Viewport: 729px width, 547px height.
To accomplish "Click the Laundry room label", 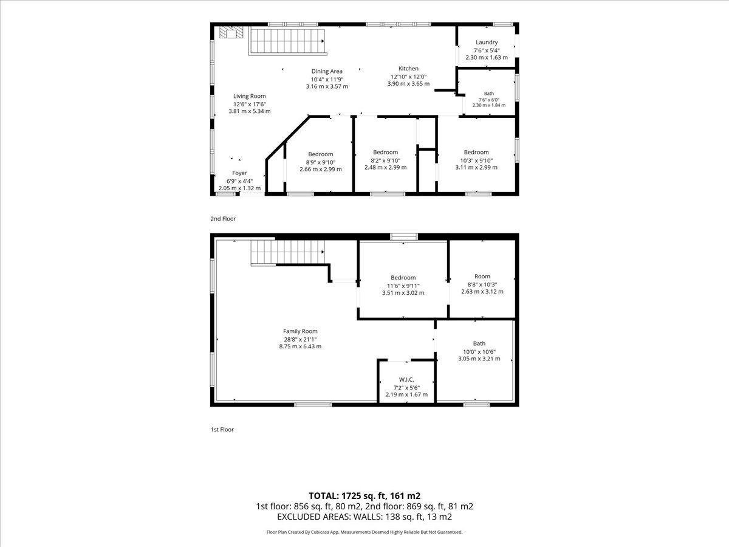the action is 487,43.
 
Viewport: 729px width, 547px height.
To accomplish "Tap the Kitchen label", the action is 408,69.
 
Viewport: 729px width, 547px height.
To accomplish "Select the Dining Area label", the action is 327,71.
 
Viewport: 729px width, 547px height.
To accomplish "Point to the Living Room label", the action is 250,96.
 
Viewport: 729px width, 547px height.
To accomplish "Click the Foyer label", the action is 239,173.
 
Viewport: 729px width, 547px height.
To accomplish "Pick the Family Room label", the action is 300,331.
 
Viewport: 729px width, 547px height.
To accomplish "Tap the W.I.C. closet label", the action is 406,380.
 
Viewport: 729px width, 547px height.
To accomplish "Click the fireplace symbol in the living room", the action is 231,32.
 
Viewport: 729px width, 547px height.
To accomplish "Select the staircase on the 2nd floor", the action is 287,41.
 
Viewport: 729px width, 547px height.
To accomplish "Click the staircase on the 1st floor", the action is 287,252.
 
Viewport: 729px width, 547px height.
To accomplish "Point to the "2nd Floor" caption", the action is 223,219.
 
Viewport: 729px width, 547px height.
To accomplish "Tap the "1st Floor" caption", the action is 222,430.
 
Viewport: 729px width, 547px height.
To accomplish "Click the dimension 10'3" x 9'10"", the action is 476,160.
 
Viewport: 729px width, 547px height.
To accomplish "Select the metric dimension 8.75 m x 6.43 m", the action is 300,346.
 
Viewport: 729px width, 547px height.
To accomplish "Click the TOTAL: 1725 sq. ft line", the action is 364,496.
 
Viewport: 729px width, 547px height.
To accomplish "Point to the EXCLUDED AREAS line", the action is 364,517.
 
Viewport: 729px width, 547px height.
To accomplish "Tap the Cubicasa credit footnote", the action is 364,532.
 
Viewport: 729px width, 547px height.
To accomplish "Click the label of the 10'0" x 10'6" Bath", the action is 479,343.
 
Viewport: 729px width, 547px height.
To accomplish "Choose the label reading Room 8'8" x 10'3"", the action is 482,284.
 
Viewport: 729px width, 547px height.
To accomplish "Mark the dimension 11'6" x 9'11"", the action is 403,286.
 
